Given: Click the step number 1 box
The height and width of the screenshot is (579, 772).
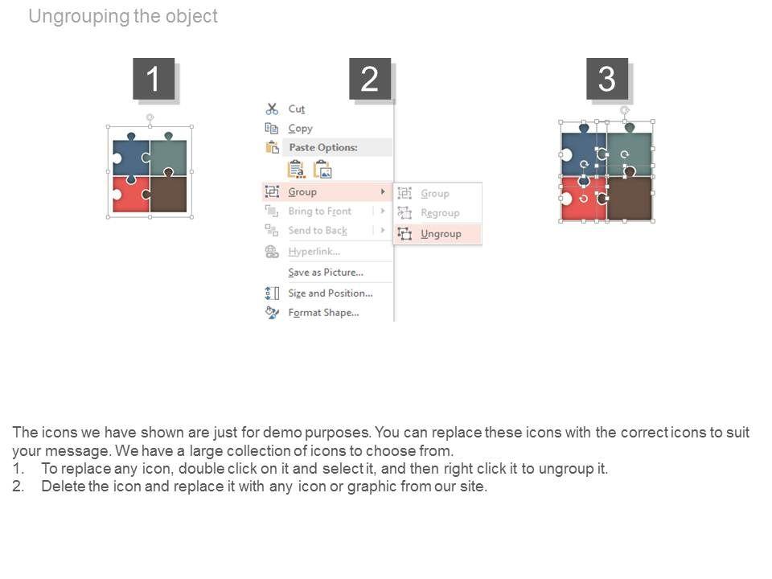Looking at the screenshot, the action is point(154,78).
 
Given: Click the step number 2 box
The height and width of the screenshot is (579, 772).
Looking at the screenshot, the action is point(370,78).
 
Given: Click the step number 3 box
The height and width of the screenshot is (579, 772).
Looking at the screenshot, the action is point(606,78).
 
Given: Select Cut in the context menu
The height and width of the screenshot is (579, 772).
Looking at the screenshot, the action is point(297,109).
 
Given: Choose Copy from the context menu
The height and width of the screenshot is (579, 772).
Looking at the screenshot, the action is point(300,129).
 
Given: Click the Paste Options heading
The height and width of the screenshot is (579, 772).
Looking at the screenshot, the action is point(323,147).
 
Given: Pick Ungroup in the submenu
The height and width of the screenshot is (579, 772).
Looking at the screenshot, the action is point(441,234).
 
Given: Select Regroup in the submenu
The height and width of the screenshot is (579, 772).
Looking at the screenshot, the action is point(440,212).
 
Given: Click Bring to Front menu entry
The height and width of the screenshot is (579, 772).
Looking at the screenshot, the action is point(319,211).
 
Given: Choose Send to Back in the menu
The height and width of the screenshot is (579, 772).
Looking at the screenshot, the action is point(318,231).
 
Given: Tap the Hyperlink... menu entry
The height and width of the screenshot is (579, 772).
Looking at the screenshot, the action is point(314,252).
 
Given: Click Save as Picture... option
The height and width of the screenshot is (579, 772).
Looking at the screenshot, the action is point(326,273).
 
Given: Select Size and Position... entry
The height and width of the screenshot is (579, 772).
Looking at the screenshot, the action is point(331,293).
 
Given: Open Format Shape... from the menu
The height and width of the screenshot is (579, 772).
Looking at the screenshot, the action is point(323,313).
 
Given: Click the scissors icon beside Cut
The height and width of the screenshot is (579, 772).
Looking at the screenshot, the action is point(272,109).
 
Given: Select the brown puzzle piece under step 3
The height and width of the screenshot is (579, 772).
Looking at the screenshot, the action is point(629,198).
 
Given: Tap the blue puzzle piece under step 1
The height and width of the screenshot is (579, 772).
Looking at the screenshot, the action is point(130,157).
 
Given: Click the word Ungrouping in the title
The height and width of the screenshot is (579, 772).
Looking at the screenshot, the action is point(80,17).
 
